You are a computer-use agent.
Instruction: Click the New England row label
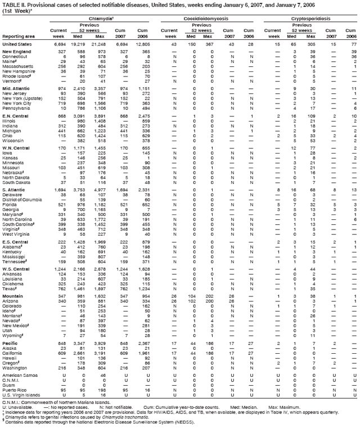(x=16, y=52)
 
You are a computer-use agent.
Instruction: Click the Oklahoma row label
(x=13, y=267)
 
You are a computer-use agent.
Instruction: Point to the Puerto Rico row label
(x=15, y=375)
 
